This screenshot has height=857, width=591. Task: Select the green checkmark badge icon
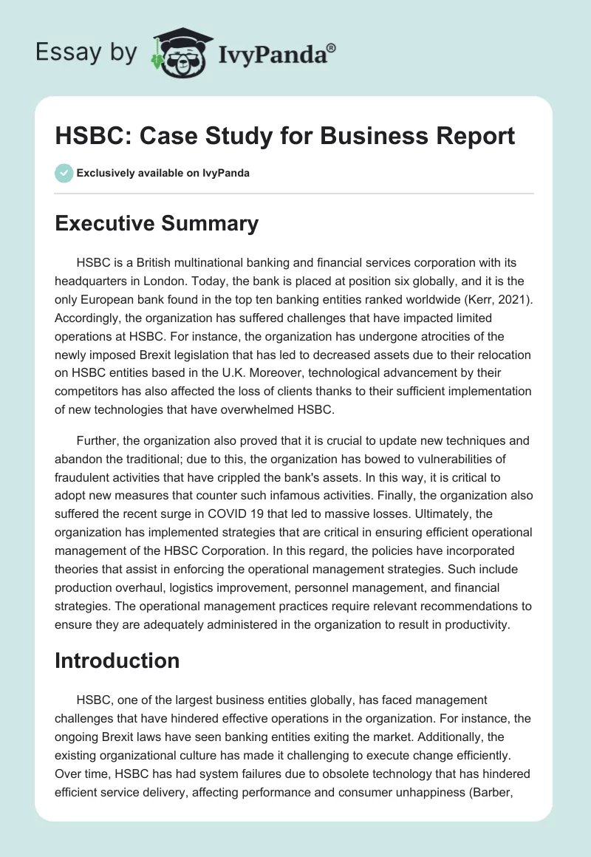click(x=64, y=173)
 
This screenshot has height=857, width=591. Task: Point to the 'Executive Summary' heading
click(x=156, y=224)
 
